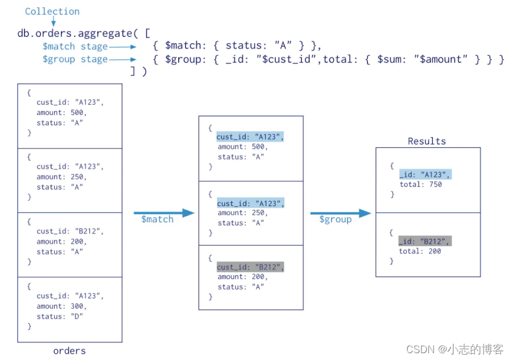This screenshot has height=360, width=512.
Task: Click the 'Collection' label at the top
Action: pyautogui.click(x=52, y=11)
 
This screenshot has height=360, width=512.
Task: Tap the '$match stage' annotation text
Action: pyautogui.click(x=75, y=47)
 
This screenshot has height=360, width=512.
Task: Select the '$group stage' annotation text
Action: pyautogui.click(x=75, y=59)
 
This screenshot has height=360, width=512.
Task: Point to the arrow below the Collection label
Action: pyautogui.click(x=53, y=22)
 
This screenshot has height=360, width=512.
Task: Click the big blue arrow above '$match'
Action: pyautogui.click(x=164, y=213)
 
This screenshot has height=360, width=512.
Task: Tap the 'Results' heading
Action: pyautogui.click(x=427, y=141)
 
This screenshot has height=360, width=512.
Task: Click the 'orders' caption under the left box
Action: pyautogui.click(x=69, y=351)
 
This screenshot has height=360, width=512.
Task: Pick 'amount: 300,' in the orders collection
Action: pyautogui.click(x=61, y=306)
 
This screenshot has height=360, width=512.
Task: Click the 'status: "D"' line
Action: pyautogui.click(x=60, y=316)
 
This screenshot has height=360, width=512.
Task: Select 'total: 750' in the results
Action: pyautogui.click(x=420, y=184)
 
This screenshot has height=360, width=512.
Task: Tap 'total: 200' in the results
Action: pyautogui.click(x=420, y=251)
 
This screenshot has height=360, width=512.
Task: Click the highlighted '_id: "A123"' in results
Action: pyautogui.click(x=425, y=175)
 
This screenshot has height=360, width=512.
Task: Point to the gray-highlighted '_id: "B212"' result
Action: pyautogui.click(x=425, y=242)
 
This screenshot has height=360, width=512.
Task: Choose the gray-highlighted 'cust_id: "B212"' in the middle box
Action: pyautogui.click(x=250, y=267)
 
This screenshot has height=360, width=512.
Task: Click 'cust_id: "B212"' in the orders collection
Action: pyautogui.click(x=70, y=231)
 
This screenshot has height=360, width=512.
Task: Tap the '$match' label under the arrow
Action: pyautogui.click(x=157, y=220)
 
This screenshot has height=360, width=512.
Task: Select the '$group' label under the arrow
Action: pyautogui.click(x=335, y=220)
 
